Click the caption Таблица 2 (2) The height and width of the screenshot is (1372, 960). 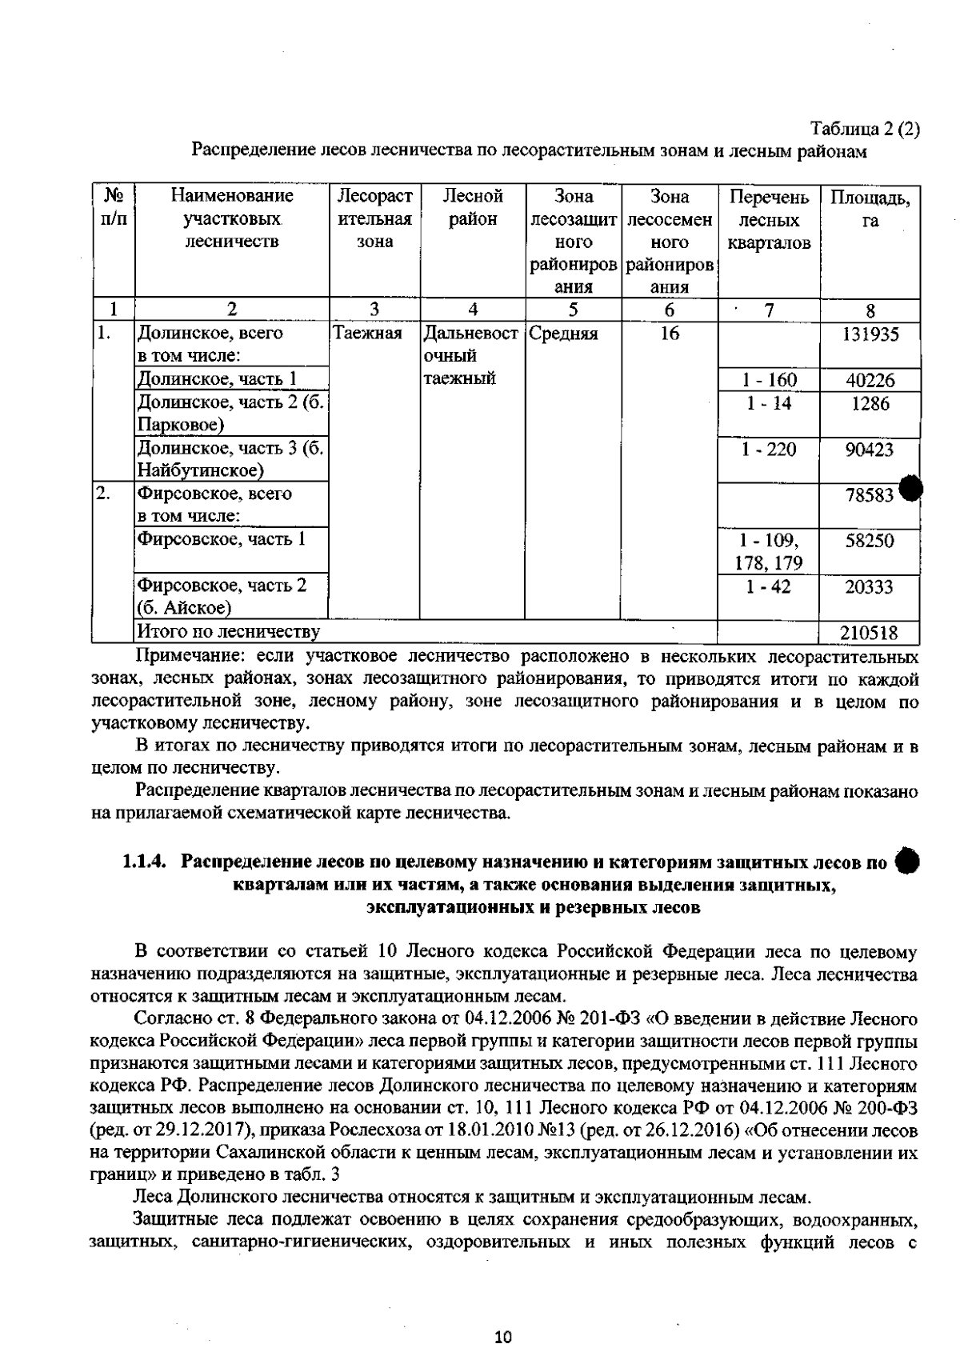865,128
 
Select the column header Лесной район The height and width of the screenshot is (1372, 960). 473,207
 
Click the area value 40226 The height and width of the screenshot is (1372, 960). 870,381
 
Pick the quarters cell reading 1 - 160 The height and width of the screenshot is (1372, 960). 768,381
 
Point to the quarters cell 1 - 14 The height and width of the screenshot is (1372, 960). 768,403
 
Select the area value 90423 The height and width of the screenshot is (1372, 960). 870,450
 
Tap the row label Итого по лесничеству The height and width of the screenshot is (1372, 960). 229,633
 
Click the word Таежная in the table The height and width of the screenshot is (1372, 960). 367,334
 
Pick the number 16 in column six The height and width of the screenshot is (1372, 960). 670,334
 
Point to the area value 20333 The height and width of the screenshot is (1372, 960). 870,587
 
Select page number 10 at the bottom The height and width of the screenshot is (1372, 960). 502,1337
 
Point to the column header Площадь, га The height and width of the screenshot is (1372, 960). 870,207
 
